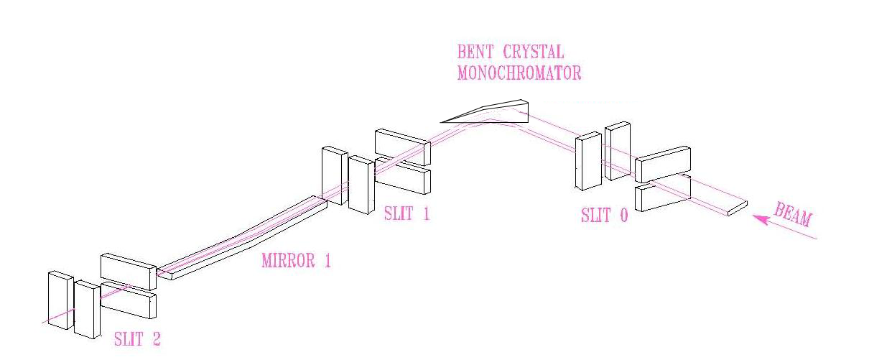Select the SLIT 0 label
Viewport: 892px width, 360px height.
(x=604, y=215)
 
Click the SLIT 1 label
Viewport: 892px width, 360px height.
(x=406, y=213)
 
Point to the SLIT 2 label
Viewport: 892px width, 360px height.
(x=137, y=339)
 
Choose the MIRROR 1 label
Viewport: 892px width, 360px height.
(x=296, y=260)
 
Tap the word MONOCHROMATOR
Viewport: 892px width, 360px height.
(x=519, y=73)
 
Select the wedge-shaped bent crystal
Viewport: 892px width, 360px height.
(x=496, y=111)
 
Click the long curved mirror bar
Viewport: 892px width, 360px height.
(x=244, y=237)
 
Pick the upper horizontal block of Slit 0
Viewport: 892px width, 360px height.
(x=663, y=164)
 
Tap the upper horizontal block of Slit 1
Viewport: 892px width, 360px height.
(x=402, y=146)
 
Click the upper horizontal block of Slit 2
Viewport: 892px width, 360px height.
(x=129, y=271)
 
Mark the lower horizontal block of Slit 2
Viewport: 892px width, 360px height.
(x=129, y=300)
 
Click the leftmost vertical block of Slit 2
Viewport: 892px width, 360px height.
(x=60, y=300)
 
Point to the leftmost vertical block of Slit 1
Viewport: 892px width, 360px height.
(x=334, y=177)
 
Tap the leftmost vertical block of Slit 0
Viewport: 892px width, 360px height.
(x=588, y=161)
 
